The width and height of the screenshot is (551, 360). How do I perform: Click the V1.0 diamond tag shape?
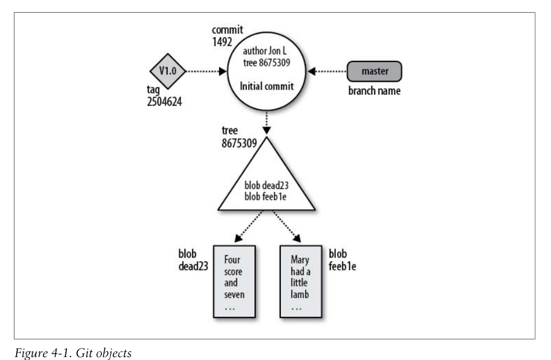(x=167, y=71)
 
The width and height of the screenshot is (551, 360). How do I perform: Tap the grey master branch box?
(x=374, y=72)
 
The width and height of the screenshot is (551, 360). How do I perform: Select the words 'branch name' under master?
(x=375, y=91)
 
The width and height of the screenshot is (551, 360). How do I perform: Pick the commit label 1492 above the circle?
(x=223, y=41)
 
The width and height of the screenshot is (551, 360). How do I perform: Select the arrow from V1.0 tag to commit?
(x=205, y=72)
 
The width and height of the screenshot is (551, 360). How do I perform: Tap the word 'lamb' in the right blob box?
(x=298, y=295)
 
